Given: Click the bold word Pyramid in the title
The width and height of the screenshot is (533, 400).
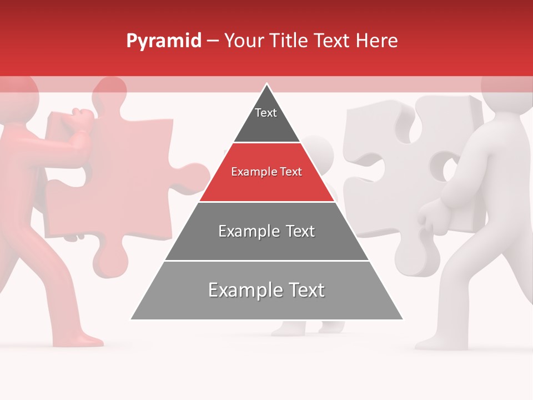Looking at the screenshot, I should [x=163, y=41].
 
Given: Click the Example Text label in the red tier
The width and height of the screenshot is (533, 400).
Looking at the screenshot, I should [x=266, y=172].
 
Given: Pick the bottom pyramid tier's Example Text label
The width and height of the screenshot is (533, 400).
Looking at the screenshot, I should [x=266, y=290].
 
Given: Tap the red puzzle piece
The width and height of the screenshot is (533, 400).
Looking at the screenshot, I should [x=133, y=183].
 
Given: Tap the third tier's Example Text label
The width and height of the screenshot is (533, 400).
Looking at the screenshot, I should [x=266, y=231].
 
